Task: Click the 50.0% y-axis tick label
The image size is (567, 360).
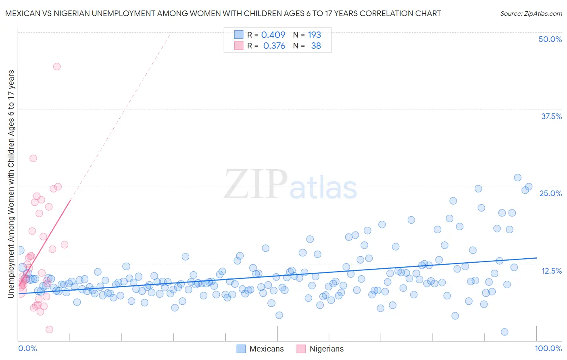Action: (550, 39)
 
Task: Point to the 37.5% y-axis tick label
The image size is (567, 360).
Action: (551, 116)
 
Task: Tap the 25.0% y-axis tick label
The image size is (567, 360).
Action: (550, 193)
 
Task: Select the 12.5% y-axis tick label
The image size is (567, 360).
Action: (551, 270)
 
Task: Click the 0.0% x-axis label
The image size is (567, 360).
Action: (27, 348)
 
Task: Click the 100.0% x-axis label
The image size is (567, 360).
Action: (548, 348)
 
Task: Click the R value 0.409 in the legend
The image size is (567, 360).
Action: (273, 35)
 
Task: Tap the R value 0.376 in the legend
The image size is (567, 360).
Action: (274, 46)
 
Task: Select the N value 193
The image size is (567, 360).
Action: (314, 35)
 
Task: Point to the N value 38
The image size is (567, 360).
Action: (316, 46)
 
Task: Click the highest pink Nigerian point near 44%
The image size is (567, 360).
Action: (57, 67)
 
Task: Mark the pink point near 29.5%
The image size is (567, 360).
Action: (33, 158)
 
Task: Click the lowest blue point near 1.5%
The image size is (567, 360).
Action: (504, 332)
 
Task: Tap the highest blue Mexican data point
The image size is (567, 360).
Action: (517, 178)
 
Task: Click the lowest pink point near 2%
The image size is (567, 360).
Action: (49, 329)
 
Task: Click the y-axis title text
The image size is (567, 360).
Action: (11, 184)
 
